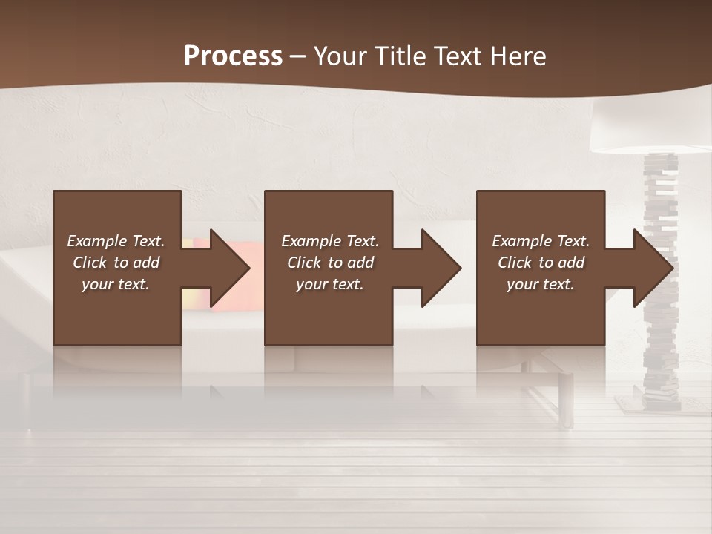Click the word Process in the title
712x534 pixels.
(233, 56)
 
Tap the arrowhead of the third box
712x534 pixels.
(652, 268)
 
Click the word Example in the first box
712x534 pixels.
(96, 241)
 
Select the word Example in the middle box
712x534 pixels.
(311, 241)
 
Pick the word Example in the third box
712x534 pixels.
(521, 241)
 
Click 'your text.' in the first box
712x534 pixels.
(116, 284)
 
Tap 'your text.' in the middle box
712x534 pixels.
(329, 284)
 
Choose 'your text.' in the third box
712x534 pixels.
(541, 284)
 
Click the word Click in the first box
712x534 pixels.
(90, 263)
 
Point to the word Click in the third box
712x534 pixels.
(515, 263)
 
